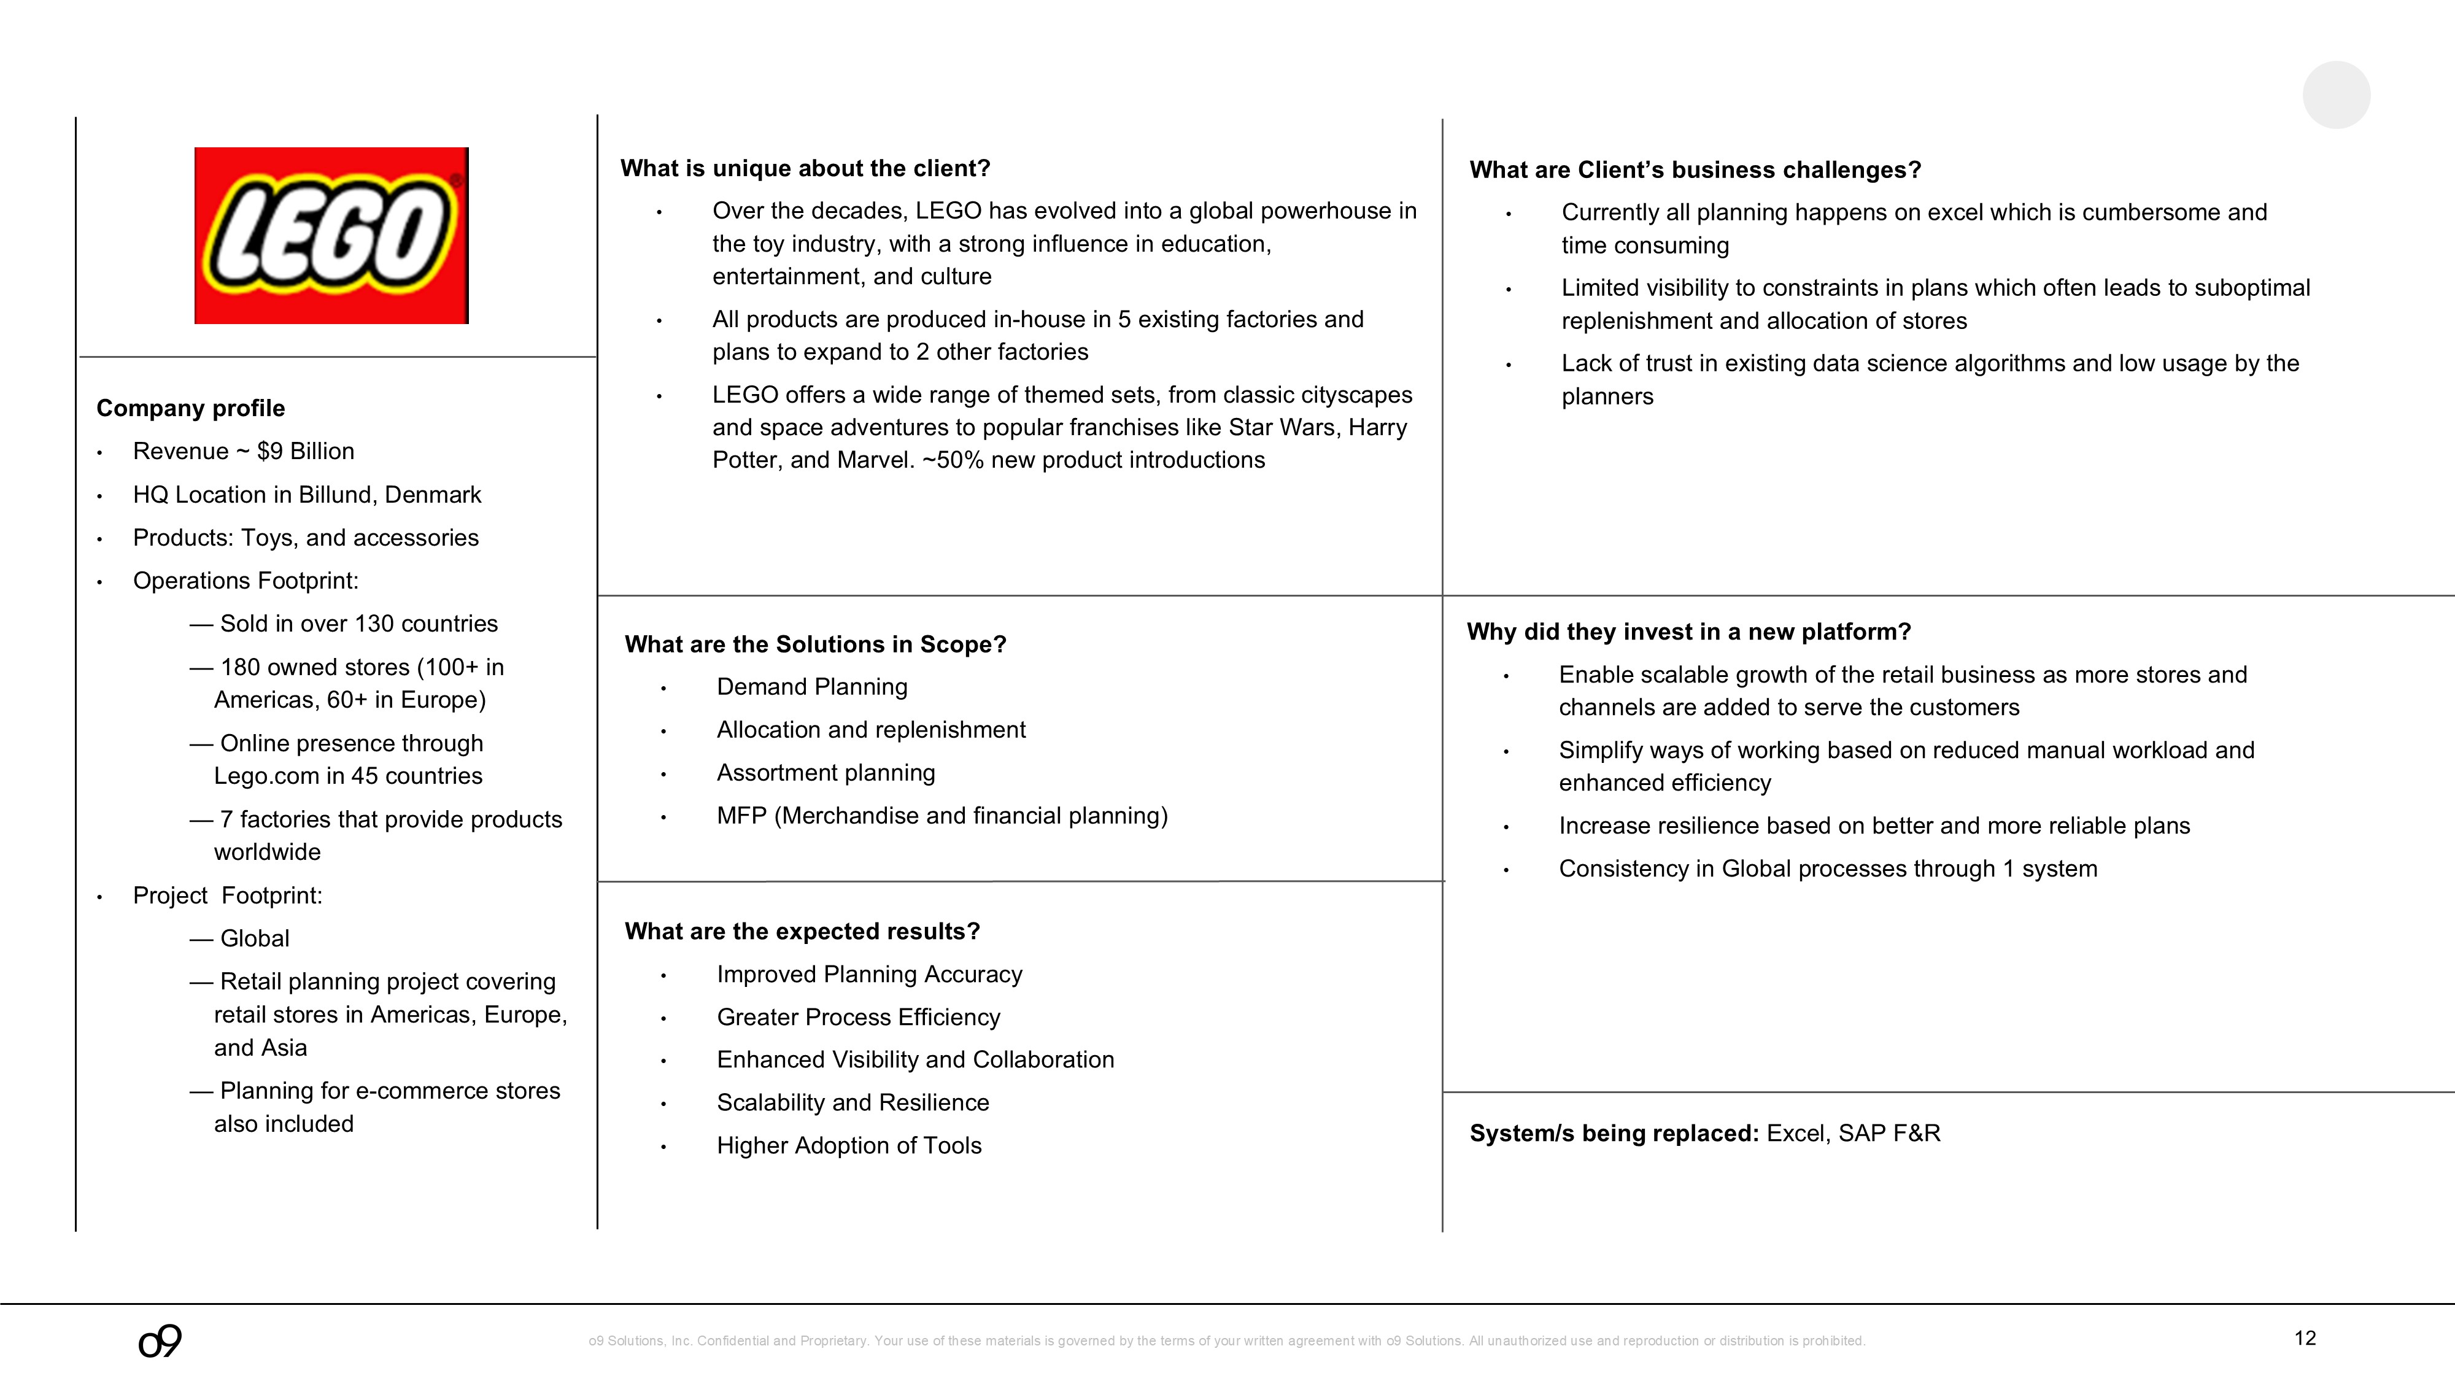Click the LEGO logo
coord(331,236)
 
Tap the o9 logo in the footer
coord(160,1341)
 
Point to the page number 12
coord(2305,1338)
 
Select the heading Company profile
coord(191,409)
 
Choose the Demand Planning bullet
coord(812,687)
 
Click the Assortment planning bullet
coord(825,773)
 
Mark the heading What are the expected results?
coord(802,931)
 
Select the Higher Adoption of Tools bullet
coord(848,1145)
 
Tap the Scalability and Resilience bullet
coord(852,1103)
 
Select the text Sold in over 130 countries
coord(358,624)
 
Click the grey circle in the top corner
coord(2336,95)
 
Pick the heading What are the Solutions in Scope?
coord(815,645)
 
